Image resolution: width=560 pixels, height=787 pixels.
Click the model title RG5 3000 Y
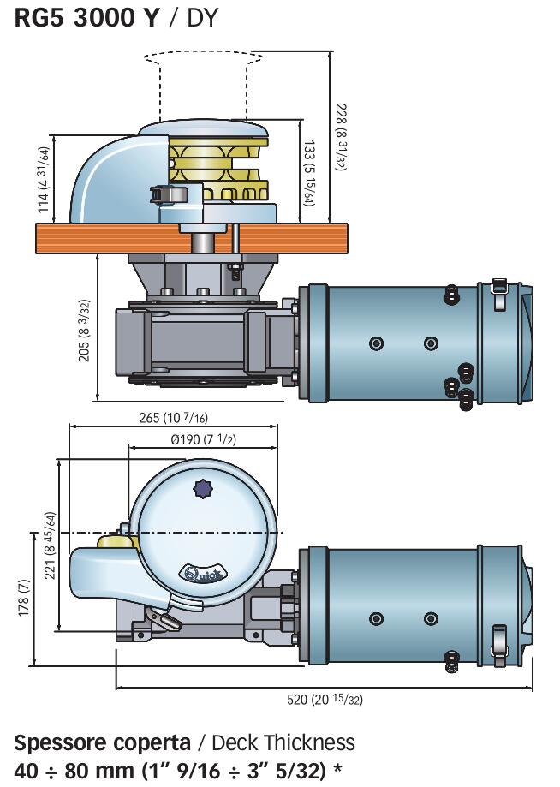(86, 18)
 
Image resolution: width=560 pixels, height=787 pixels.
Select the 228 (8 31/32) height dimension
(341, 137)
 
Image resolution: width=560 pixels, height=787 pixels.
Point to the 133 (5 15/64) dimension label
(309, 173)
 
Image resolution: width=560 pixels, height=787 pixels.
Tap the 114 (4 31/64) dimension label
(45, 179)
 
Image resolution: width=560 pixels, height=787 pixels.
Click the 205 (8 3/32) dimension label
(84, 331)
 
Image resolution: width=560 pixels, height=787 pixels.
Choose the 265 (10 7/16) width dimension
(173, 417)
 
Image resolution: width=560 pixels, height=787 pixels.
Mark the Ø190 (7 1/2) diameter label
(203, 439)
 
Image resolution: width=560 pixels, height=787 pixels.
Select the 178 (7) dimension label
(24, 598)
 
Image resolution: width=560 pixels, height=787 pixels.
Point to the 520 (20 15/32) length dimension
(325, 699)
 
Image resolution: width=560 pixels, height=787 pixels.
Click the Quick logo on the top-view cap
(205, 572)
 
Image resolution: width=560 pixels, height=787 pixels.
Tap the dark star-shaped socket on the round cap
(202, 489)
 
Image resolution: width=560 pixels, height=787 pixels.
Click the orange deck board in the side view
(192, 238)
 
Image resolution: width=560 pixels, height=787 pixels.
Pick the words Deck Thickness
(283, 742)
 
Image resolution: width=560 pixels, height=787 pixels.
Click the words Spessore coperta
(103, 743)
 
